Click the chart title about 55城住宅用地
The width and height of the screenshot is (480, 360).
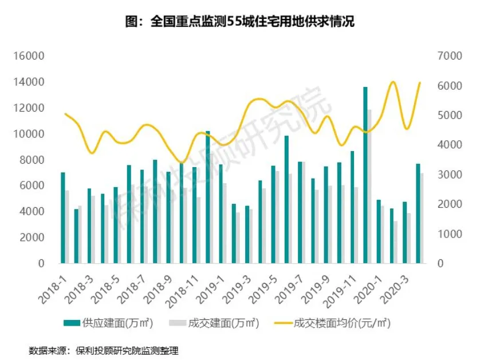[239, 22]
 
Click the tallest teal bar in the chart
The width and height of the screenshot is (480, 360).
[365, 175]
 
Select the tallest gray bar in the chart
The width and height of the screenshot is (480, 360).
[370, 186]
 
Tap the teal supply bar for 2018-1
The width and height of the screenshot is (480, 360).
[63, 217]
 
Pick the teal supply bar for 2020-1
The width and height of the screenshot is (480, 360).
[379, 231]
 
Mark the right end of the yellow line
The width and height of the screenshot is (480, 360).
[420, 82]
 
